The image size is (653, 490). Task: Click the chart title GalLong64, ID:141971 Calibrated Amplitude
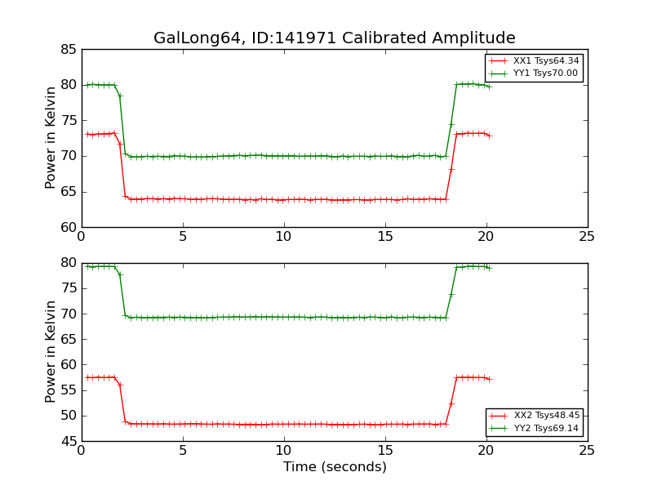point(335,38)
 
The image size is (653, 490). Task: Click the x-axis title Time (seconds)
point(335,467)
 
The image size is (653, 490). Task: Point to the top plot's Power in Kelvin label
point(51,138)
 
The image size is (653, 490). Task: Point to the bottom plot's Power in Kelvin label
point(51,351)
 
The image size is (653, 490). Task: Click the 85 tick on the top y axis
point(69,50)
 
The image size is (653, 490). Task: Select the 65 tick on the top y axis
point(69,192)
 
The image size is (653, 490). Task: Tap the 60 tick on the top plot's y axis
point(69,227)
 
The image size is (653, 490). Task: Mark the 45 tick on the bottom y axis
point(69,441)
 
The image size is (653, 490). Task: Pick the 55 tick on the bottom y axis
point(69,390)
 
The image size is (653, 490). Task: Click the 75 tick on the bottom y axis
point(69,288)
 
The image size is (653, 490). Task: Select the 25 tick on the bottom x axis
point(587,450)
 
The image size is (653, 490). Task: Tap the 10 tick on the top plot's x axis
point(284,237)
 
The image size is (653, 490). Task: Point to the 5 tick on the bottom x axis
point(183,450)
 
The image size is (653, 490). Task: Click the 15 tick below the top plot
point(385,237)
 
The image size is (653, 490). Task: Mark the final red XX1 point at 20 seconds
point(490,136)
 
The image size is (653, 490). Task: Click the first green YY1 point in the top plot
point(87,85)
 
